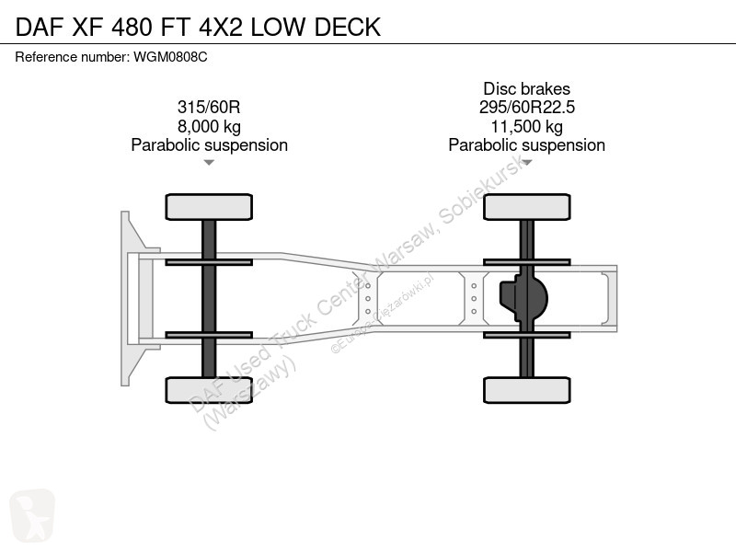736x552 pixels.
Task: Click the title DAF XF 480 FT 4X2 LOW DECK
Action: pyautogui.click(x=198, y=27)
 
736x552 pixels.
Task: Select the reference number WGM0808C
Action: pyautogui.click(x=170, y=57)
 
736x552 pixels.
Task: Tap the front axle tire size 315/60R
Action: pyautogui.click(x=209, y=107)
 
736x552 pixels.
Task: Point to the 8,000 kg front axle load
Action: pyautogui.click(x=209, y=126)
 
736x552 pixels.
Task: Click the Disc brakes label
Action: pyautogui.click(x=526, y=88)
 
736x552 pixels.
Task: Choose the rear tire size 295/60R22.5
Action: pyautogui.click(x=526, y=107)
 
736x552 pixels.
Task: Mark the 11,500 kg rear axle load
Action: pyautogui.click(x=526, y=126)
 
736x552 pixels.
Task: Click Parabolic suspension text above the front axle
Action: pyautogui.click(x=210, y=145)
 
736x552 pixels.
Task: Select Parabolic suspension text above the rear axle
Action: pyautogui.click(x=526, y=145)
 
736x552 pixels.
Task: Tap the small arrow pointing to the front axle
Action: pyautogui.click(x=209, y=163)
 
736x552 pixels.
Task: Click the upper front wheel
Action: pyautogui.click(x=209, y=207)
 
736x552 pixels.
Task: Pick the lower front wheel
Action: pyautogui.click(x=209, y=390)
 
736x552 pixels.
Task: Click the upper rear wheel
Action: pyautogui.click(x=527, y=207)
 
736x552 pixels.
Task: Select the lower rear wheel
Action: pyautogui.click(x=527, y=390)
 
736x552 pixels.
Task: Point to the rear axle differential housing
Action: pyautogui.click(x=523, y=298)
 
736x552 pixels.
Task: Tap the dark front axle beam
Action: pyautogui.click(x=209, y=298)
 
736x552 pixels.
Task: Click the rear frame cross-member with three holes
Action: pyautogui.click(x=474, y=298)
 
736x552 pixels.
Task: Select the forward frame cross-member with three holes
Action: pyautogui.click(x=367, y=298)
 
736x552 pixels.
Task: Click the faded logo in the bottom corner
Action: pyautogui.click(x=32, y=515)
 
